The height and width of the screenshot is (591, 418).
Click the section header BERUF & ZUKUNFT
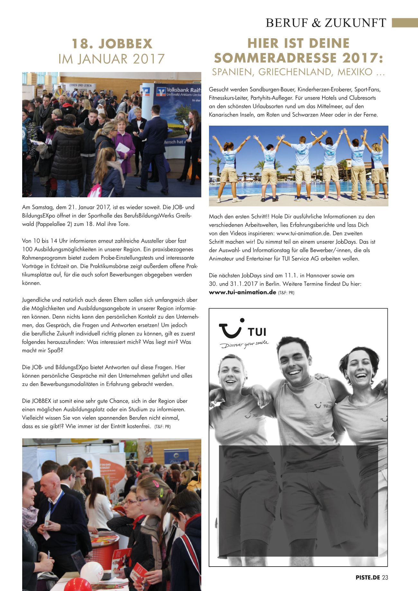[x=326, y=23]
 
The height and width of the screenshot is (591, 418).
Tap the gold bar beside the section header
[x=404, y=23]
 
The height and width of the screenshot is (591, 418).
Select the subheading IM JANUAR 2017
[x=112, y=59]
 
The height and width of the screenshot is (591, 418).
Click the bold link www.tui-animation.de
[x=242, y=292]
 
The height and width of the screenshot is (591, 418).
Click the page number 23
[x=385, y=578]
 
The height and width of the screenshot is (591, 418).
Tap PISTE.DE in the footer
[x=368, y=578]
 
